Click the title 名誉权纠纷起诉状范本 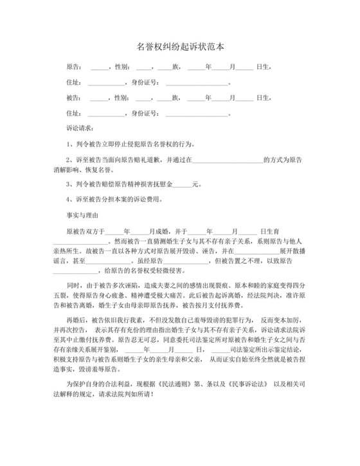pos(180,47)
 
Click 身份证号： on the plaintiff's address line pos(145,82)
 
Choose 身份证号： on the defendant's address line pos(145,113)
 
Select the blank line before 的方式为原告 pos(232,159)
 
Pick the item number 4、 pos(71,200)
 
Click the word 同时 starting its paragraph pos(73,285)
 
